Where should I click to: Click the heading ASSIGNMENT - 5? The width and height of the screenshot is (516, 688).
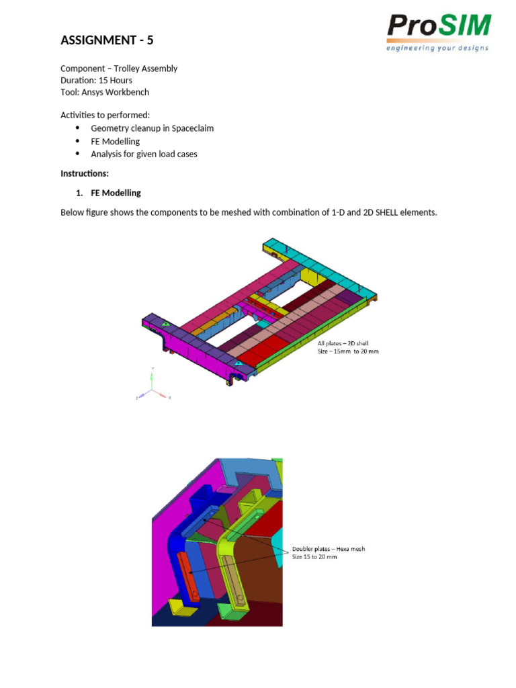pos(107,40)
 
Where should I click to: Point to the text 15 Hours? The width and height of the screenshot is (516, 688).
pos(115,81)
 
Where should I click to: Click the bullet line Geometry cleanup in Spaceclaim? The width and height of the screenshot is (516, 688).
pos(152,128)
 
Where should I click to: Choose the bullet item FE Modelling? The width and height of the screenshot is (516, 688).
pos(115,141)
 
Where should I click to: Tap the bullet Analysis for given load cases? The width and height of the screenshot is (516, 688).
pos(144,154)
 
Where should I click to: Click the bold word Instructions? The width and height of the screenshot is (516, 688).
pos(85,173)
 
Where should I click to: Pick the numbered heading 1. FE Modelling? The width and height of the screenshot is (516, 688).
pos(108,193)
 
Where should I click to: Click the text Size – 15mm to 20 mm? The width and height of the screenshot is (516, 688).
pos(348,351)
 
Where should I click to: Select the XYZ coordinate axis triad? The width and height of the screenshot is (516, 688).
pos(153,388)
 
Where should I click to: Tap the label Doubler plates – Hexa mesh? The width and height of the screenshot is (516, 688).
pos(328,549)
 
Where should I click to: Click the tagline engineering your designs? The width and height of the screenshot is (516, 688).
pos(437,48)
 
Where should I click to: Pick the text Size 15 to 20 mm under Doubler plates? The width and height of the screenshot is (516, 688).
pos(314,557)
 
